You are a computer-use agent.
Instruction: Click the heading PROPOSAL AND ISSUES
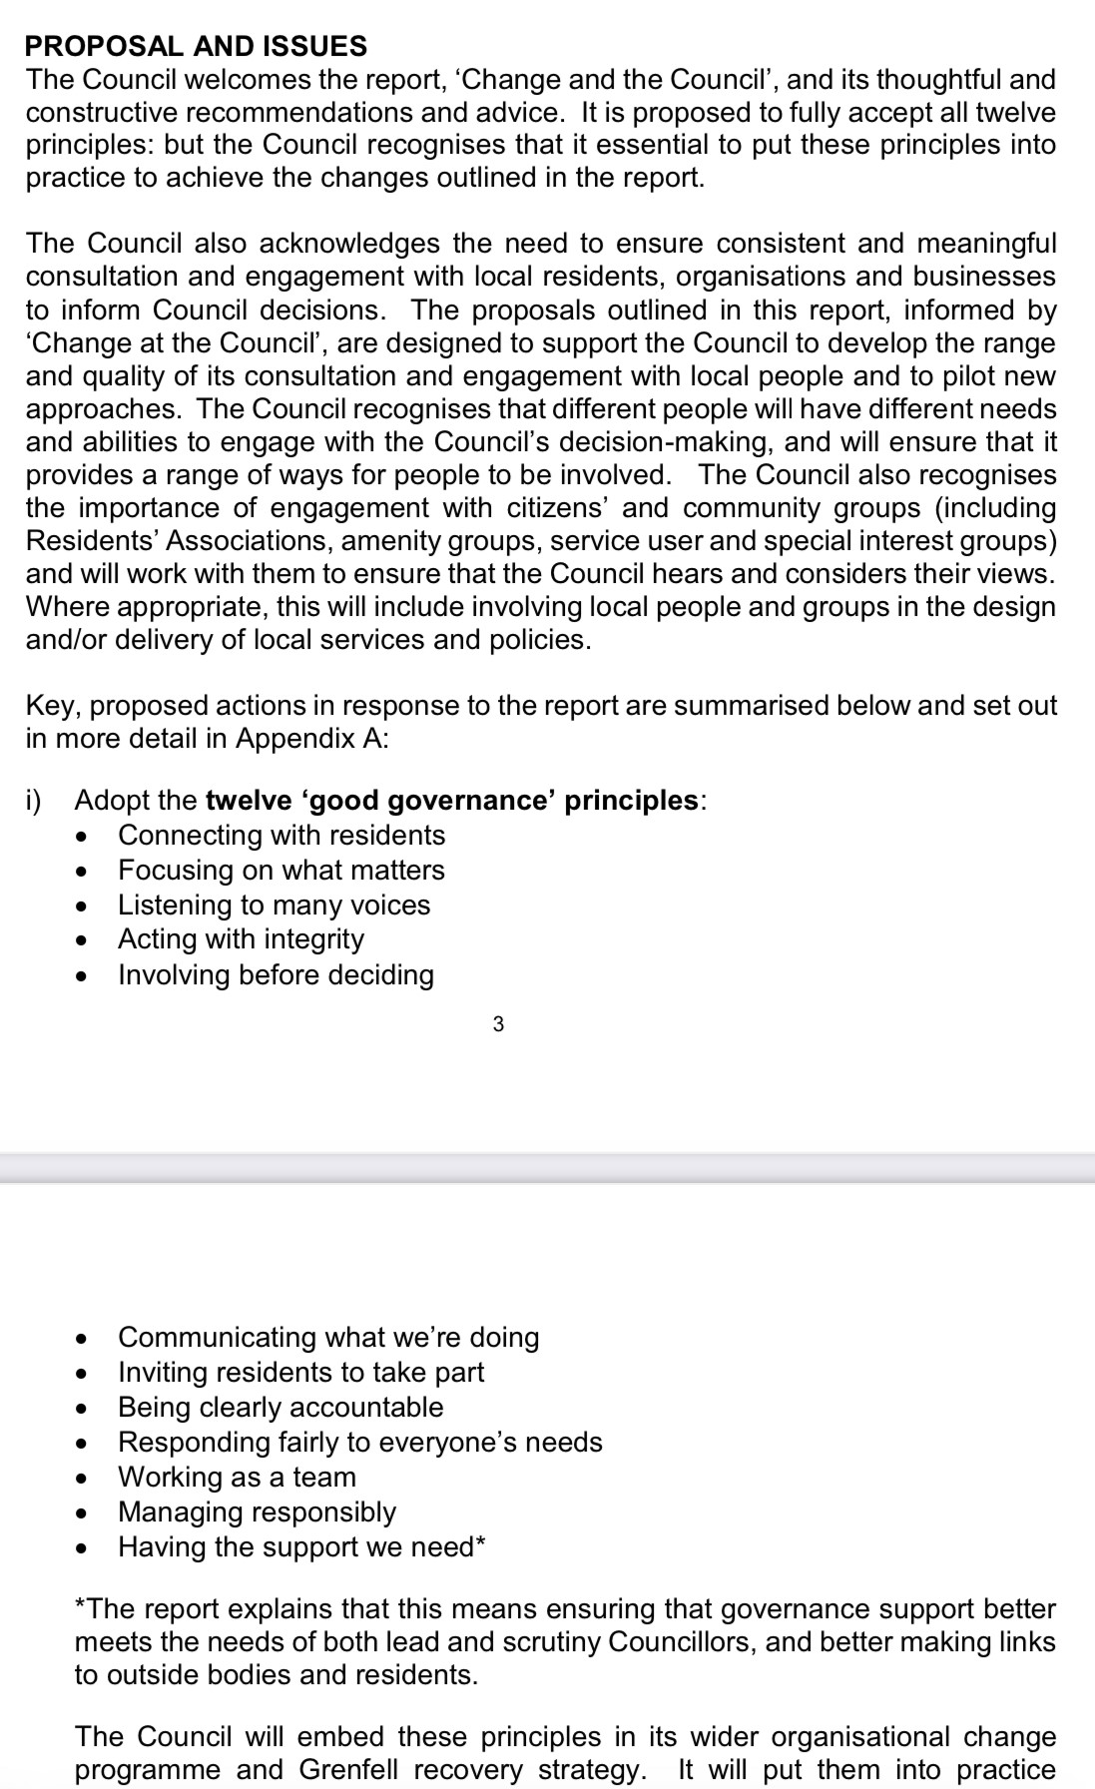click(197, 46)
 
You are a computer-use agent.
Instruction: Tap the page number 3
click(499, 1023)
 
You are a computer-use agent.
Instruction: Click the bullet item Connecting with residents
click(281, 835)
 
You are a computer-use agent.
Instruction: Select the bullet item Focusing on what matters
click(281, 870)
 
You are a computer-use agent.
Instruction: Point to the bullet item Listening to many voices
click(274, 904)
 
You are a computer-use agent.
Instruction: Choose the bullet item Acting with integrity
click(241, 938)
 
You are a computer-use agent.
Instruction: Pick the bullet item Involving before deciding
click(275, 974)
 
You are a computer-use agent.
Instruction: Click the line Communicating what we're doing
click(328, 1337)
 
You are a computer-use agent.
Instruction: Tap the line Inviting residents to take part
click(300, 1372)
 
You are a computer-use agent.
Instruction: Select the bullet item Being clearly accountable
click(280, 1407)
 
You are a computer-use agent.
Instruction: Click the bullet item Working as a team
click(237, 1477)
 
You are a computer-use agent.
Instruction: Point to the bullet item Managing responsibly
click(257, 1511)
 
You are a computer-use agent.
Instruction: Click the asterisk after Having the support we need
click(481, 1544)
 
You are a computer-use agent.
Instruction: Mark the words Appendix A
click(312, 739)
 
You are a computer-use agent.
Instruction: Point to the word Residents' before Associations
click(90, 541)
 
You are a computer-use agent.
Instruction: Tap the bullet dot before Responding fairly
click(85, 1444)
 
